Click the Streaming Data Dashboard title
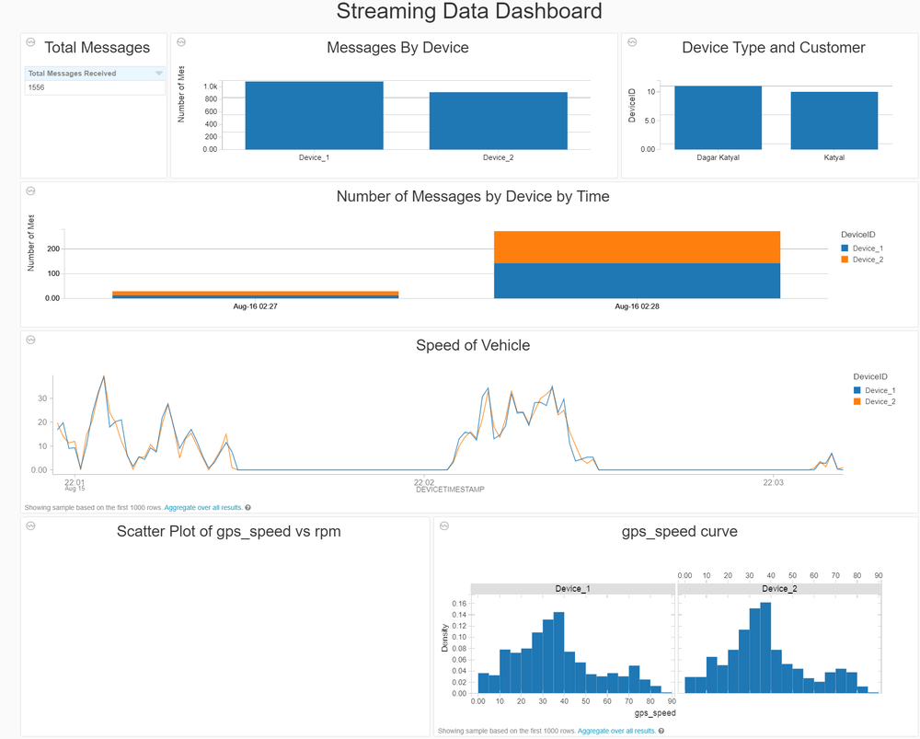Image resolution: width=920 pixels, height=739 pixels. pyautogui.click(x=469, y=12)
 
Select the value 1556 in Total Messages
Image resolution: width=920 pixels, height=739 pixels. pyautogui.click(x=37, y=87)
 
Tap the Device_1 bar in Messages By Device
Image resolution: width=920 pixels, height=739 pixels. pyautogui.click(x=314, y=116)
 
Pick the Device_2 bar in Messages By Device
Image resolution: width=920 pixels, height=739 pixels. pyautogui.click(x=498, y=121)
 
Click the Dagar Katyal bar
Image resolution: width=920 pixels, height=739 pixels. pyautogui.click(x=718, y=118)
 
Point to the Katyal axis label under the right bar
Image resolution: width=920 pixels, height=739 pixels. pyautogui.click(x=834, y=157)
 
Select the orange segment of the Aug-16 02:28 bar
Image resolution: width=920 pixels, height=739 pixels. pyautogui.click(x=637, y=247)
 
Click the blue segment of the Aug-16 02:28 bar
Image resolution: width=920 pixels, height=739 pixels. pyautogui.click(x=637, y=281)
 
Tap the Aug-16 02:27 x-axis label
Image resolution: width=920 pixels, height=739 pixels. pyautogui.click(x=255, y=306)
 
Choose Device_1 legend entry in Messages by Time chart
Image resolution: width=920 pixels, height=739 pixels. pyautogui.click(x=868, y=248)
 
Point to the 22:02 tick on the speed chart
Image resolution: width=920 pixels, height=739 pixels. pyautogui.click(x=423, y=481)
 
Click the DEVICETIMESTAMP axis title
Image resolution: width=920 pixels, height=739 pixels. pyautogui.click(x=450, y=490)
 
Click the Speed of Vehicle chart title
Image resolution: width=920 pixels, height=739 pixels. pyautogui.click(x=473, y=346)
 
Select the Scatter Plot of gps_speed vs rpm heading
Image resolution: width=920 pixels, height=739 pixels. pyautogui.click(x=228, y=531)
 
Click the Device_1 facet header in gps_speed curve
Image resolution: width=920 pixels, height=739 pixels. pyautogui.click(x=572, y=589)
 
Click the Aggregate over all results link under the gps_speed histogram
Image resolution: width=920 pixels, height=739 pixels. pyautogui.click(x=616, y=731)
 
